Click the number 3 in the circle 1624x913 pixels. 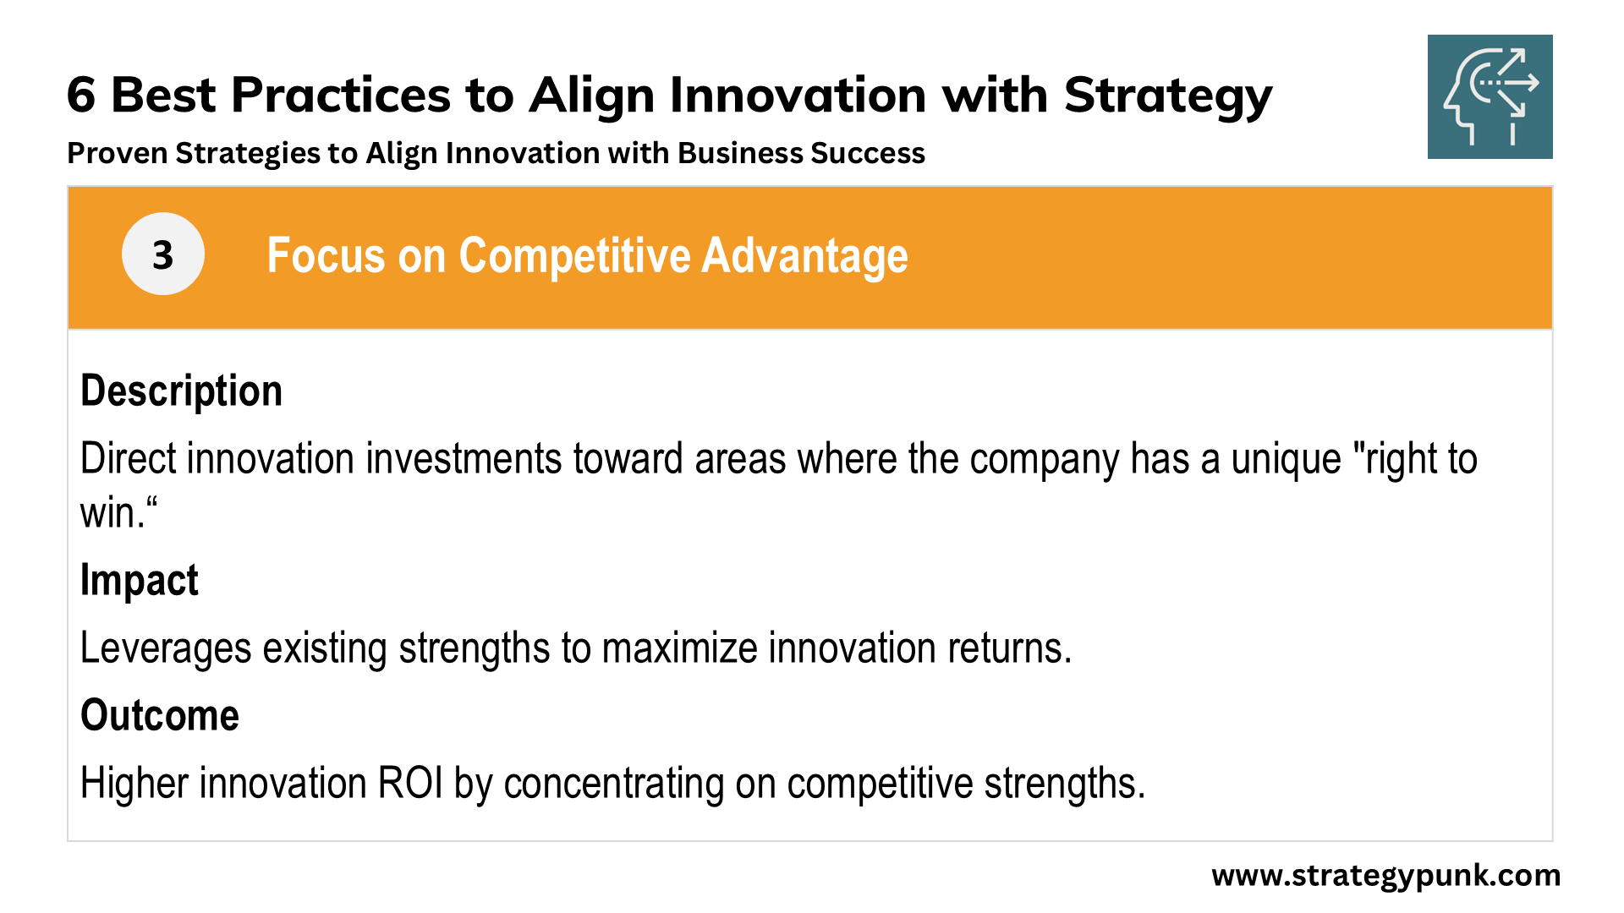point(162,254)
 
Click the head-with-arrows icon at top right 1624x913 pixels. point(1490,96)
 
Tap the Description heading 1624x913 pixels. point(181,391)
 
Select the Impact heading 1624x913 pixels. point(140,581)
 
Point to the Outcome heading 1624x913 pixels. point(160,716)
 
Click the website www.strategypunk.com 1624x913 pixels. point(1385,875)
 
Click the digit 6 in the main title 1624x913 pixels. point(81,95)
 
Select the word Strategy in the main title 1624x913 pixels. point(1167,96)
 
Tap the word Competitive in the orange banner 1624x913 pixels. point(574,255)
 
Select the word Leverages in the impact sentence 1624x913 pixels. point(166,649)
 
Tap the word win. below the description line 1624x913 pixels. point(113,513)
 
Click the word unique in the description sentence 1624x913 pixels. point(1286,459)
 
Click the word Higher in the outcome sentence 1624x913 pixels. point(134,783)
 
